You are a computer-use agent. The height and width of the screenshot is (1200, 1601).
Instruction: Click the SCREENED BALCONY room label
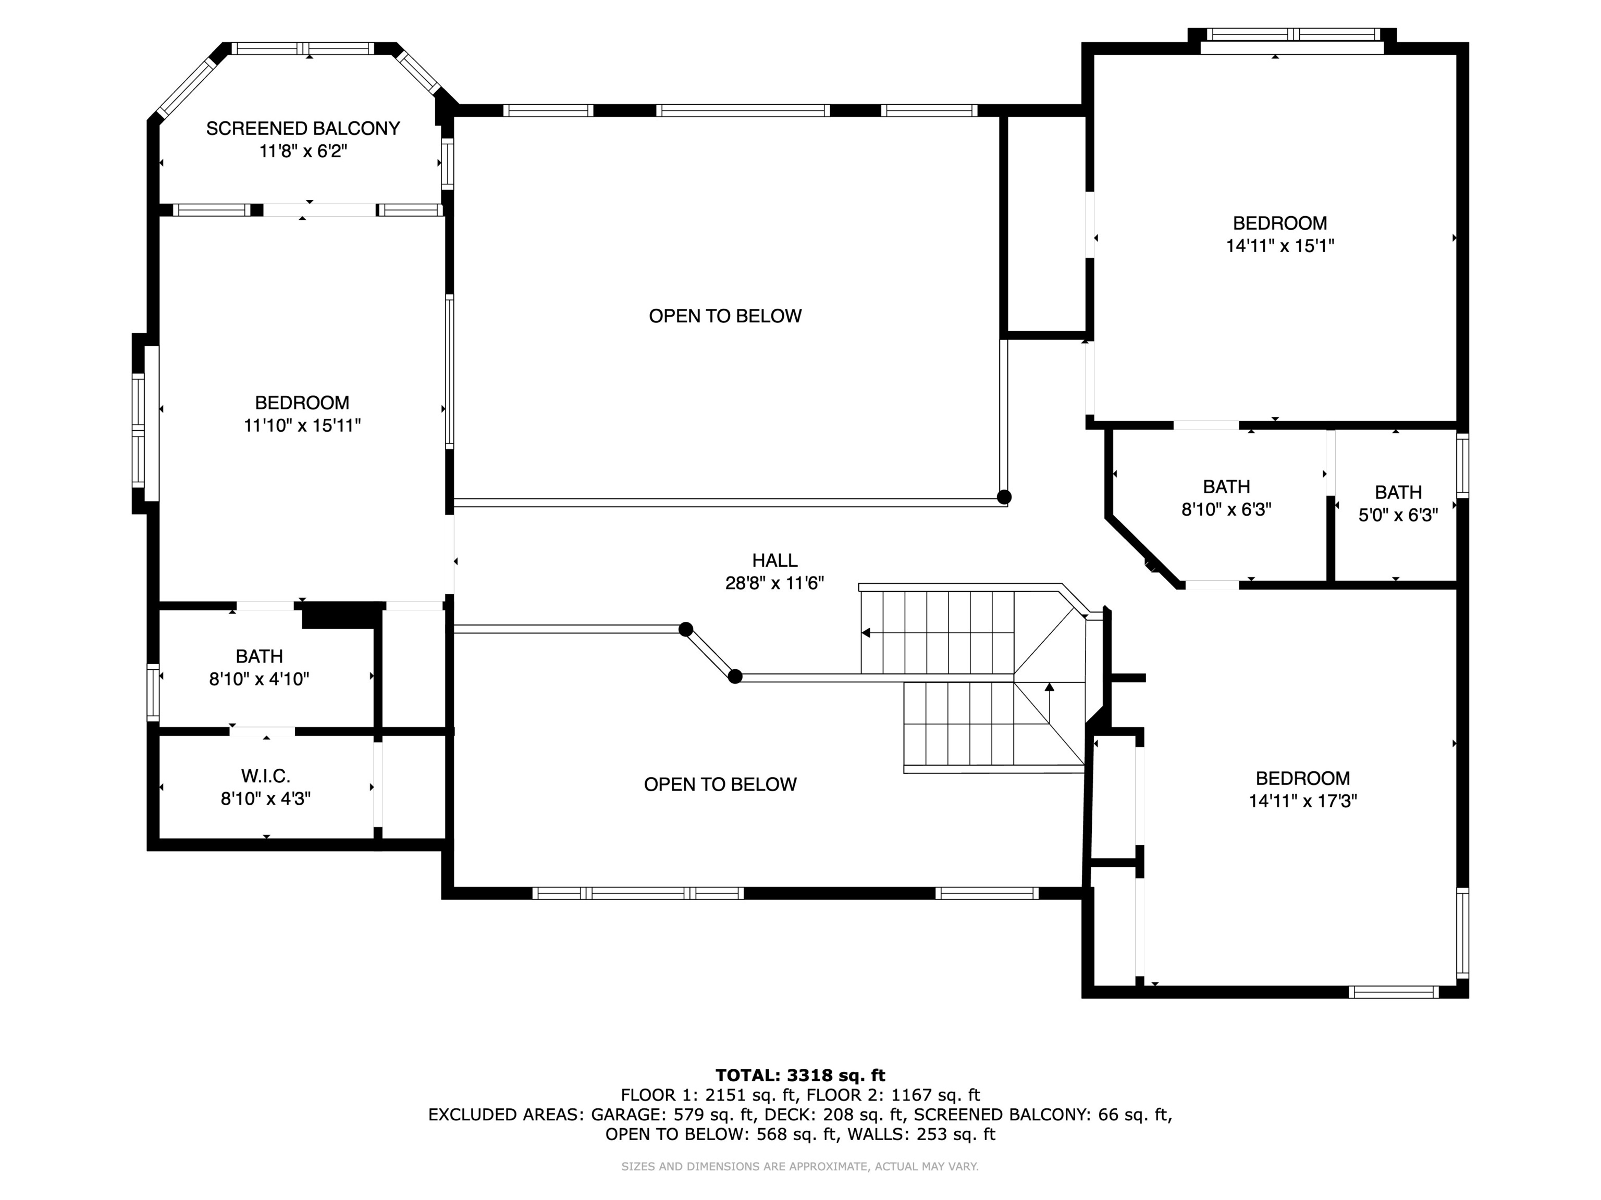tap(303, 129)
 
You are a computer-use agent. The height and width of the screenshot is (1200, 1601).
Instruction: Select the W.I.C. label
tap(266, 776)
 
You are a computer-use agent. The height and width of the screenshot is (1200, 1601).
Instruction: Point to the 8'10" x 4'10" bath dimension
tap(259, 679)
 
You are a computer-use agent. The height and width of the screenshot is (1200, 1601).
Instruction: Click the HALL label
tap(774, 560)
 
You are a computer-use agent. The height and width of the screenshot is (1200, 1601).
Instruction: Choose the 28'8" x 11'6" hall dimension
tap(774, 583)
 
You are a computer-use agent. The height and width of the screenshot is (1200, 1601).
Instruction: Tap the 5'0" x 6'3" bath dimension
tap(1398, 515)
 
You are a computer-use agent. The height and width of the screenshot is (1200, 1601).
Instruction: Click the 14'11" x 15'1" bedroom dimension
tap(1279, 246)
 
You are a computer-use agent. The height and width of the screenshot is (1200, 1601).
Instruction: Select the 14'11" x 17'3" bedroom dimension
tap(1303, 801)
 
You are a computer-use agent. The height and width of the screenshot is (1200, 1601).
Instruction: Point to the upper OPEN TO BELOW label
tap(725, 316)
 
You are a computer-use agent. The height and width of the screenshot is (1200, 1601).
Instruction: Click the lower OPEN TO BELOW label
tap(720, 784)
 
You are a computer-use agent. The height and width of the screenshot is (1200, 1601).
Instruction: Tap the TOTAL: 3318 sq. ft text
tap(800, 1076)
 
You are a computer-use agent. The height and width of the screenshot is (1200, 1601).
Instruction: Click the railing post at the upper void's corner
tap(1004, 497)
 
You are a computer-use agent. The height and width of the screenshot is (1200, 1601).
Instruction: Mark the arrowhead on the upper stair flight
tap(866, 633)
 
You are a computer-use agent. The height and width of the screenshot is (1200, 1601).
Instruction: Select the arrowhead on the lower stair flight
tap(1050, 686)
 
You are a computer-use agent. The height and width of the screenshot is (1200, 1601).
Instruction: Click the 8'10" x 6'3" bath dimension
tap(1226, 509)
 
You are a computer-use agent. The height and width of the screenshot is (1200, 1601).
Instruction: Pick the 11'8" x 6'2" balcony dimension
tap(303, 151)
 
